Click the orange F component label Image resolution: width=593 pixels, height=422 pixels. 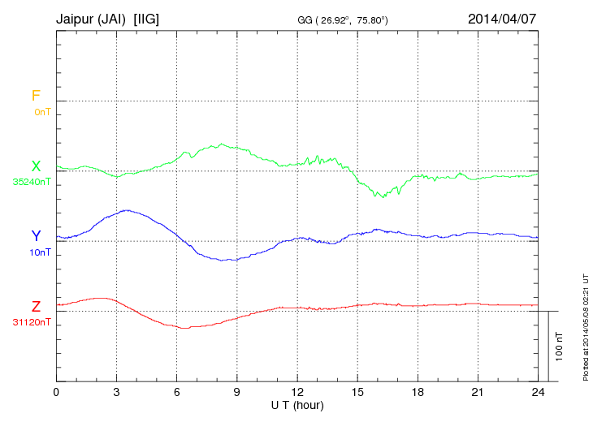coord(36,96)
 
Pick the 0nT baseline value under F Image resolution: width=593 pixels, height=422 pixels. coord(42,111)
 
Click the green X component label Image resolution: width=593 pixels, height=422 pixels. coord(36,166)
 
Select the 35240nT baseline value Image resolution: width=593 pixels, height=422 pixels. coord(32,182)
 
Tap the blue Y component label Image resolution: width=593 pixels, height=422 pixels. coord(36,236)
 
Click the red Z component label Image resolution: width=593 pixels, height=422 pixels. coord(36,307)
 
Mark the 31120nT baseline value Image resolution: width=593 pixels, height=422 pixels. coord(32,322)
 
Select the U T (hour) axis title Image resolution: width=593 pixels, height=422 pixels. coord(296,404)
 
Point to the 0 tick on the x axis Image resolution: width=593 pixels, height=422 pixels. coord(56,392)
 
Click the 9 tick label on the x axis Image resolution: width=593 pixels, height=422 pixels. coord(236,392)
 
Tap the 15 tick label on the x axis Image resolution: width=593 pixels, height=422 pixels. coord(357,392)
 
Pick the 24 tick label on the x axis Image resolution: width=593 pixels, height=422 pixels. coord(537,392)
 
